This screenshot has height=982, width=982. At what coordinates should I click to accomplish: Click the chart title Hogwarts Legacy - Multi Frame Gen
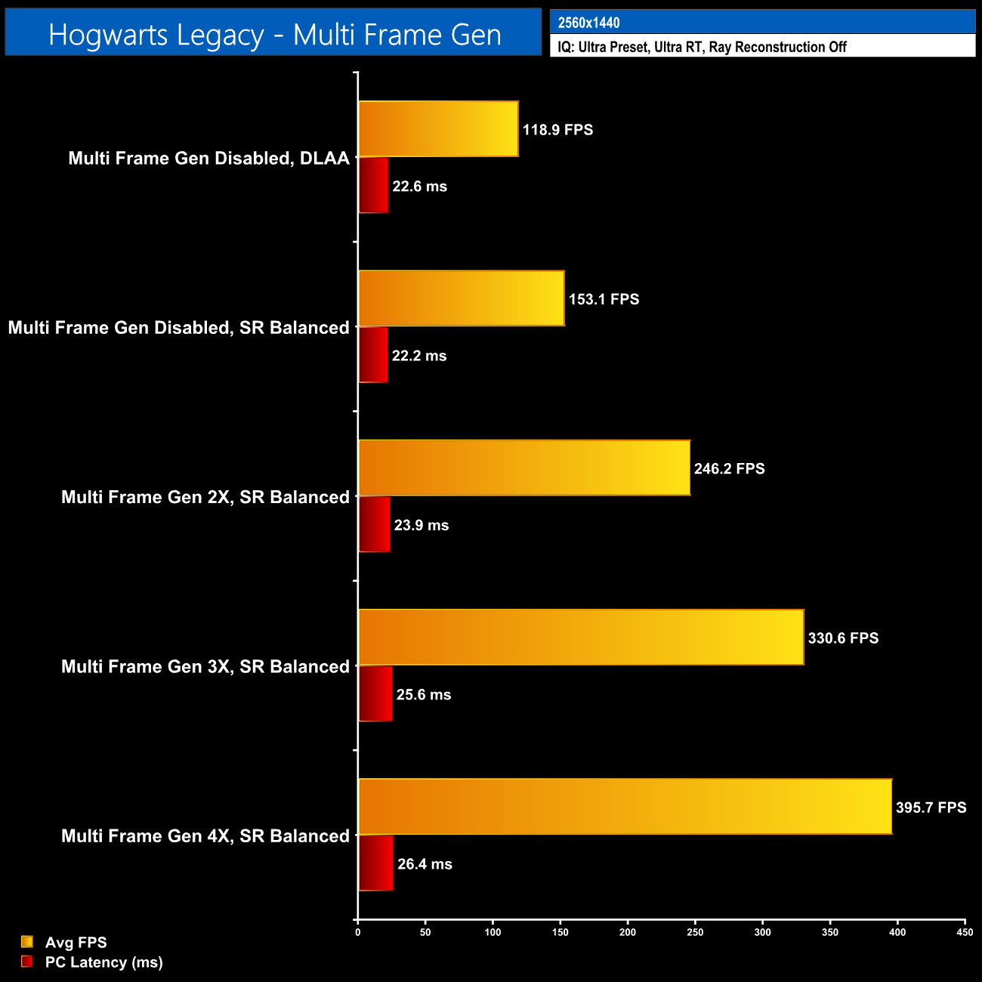274,35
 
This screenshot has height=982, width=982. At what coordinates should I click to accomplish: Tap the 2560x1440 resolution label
589,23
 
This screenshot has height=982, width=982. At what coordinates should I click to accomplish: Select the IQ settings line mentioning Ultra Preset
702,47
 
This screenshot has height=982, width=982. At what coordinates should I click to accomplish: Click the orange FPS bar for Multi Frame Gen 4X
625,807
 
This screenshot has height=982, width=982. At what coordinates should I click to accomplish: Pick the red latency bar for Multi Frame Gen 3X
375,693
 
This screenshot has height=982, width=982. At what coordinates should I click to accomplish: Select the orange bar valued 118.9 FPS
438,129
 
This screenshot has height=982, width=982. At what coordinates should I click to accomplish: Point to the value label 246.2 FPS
729,468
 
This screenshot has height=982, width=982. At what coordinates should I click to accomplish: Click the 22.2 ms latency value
419,356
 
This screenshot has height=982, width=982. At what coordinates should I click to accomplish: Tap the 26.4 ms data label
425,864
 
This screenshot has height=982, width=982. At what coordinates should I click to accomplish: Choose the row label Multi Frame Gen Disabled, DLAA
209,158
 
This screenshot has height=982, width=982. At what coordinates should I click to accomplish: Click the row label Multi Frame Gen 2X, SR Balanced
205,497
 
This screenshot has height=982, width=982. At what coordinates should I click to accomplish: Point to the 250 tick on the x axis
695,932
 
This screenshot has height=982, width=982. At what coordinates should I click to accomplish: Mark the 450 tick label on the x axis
965,932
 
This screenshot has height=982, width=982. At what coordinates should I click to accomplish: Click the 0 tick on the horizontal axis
358,932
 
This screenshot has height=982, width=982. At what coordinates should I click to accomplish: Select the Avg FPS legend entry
76,942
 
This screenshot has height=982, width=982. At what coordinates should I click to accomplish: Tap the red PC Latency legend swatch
27,962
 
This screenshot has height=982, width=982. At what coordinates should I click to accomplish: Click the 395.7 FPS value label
931,808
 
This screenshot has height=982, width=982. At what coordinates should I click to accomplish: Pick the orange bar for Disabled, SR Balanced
462,298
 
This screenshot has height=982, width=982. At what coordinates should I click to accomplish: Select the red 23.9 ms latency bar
375,524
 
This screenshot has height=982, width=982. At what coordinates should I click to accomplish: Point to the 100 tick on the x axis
493,932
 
